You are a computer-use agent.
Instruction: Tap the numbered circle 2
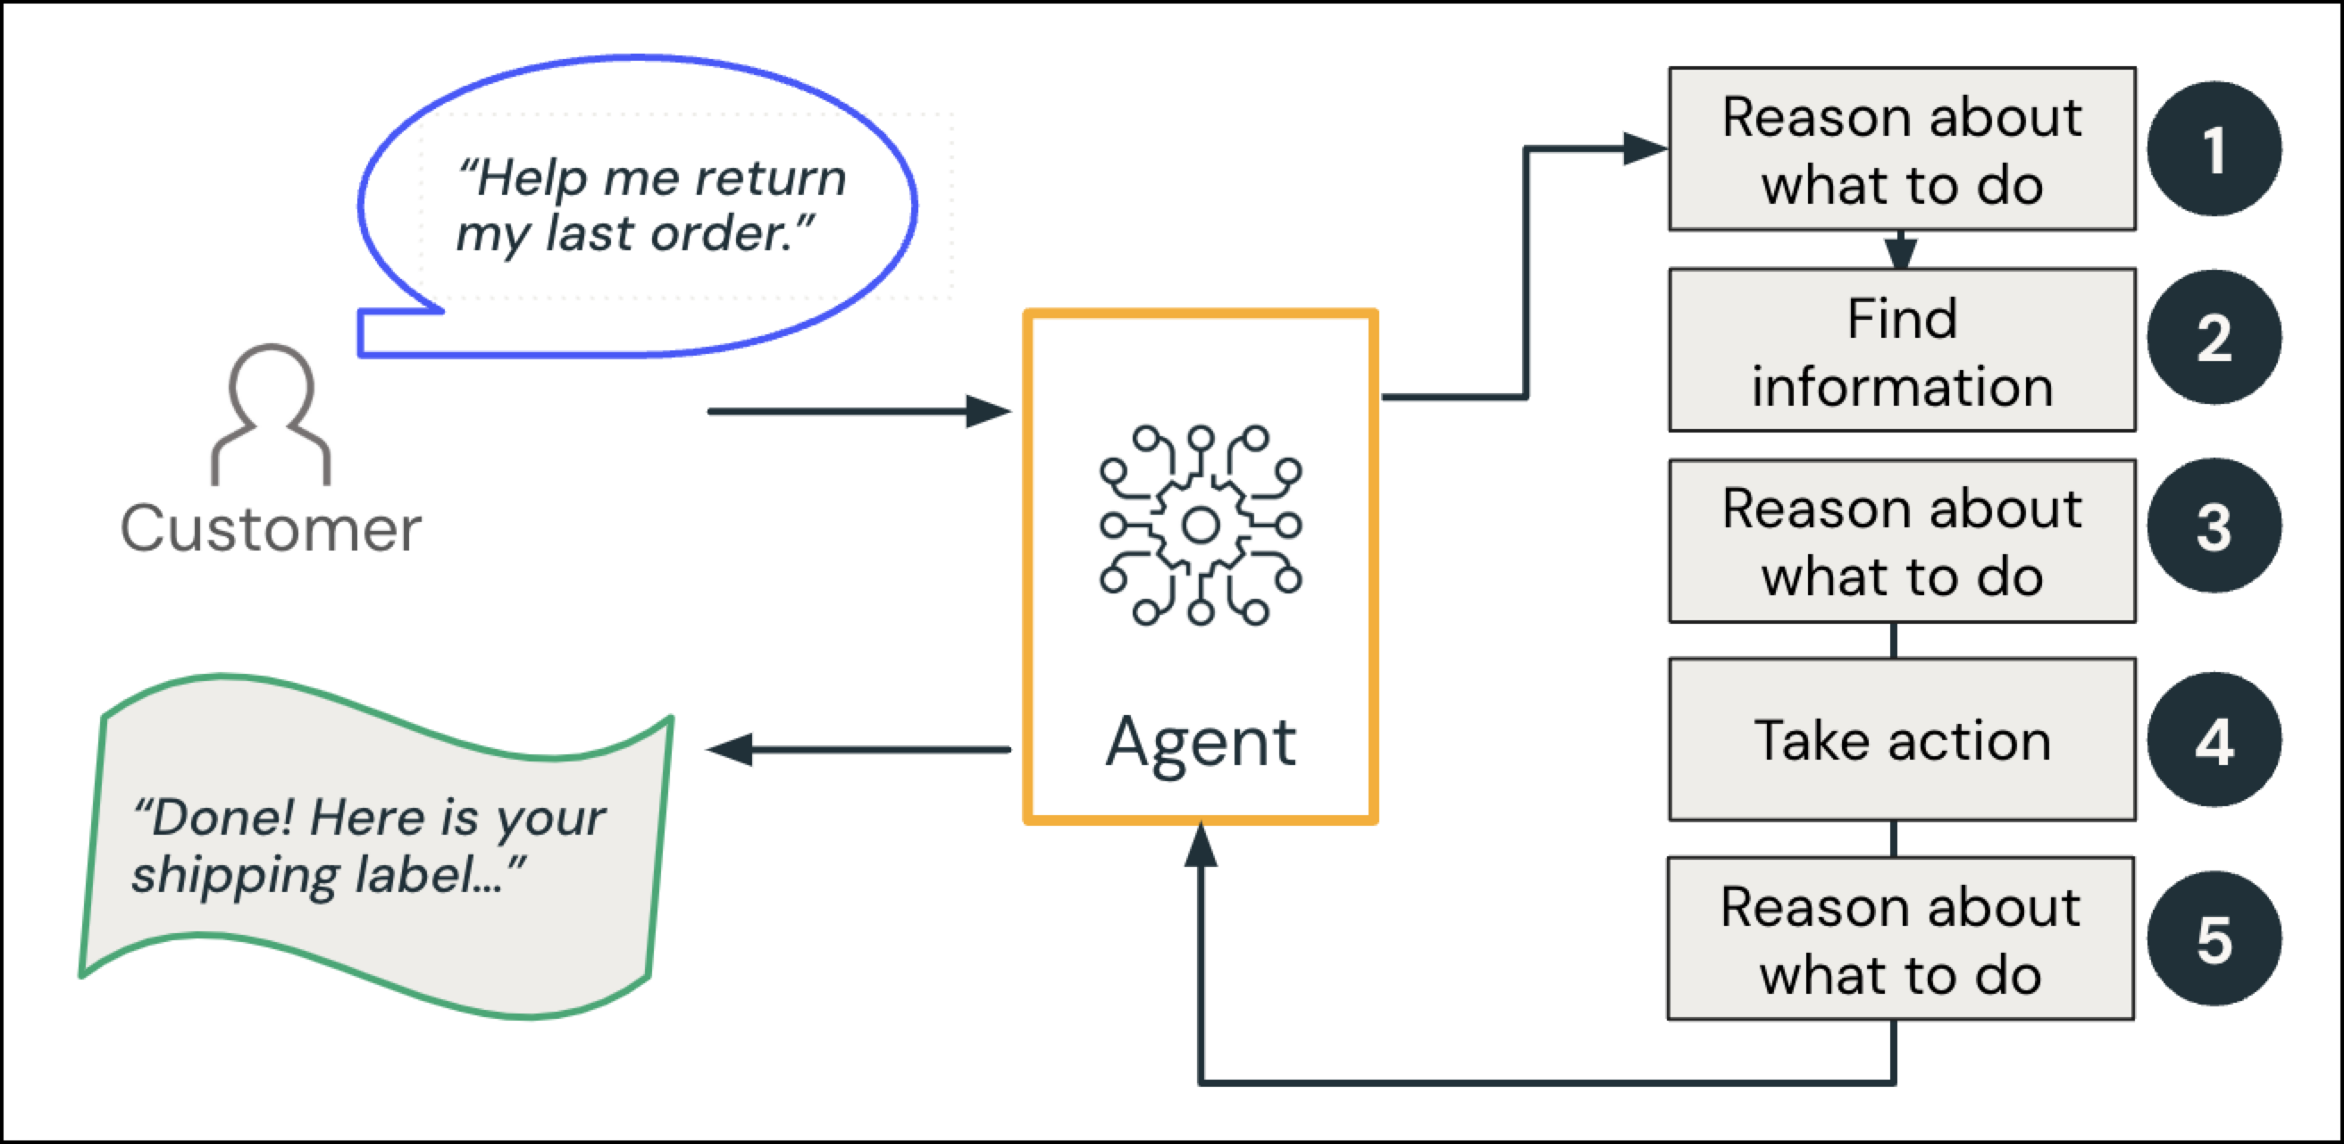pyautogui.click(x=2214, y=338)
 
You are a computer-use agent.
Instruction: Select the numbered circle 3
pyautogui.click(x=2214, y=526)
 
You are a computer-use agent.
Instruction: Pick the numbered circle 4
pyautogui.click(x=2214, y=739)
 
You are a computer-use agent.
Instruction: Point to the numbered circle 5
pyautogui.click(x=2214, y=938)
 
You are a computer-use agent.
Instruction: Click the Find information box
pyautogui.click(x=1902, y=350)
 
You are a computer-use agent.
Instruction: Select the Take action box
pyautogui.click(x=1902, y=739)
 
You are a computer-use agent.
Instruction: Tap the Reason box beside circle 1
pyautogui.click(x=1902, y=149)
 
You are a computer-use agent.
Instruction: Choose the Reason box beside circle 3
pyautogui.click(x=1902, y=542)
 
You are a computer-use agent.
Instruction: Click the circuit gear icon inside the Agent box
pyautogui.click(x=1201, y=526)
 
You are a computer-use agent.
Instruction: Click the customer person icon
pyautogui.click(x=271, y=414)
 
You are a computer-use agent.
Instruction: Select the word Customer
pyautogui.click(x=271, y=529)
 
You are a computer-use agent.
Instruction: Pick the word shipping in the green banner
pyautogui.click(x=235, y=877)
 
